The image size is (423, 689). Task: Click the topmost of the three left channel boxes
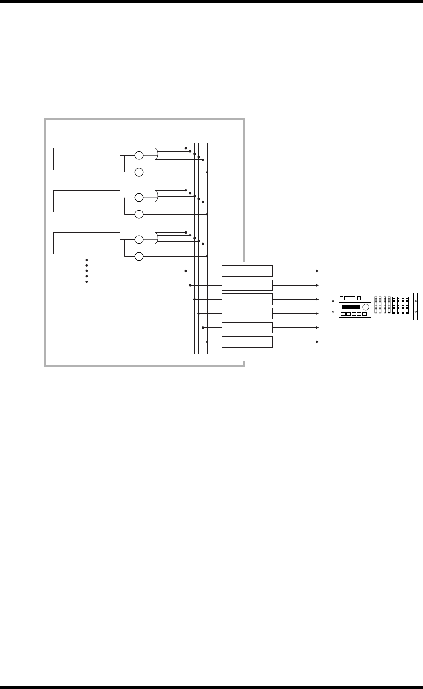click(x=86, y=159)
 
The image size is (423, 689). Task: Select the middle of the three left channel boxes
click(x=86, y=201)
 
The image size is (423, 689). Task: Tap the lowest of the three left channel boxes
click(x=86, y=242)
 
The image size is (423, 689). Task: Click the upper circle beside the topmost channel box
click(x=139, y=155)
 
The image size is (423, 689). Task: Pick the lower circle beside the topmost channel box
click(x=139, y=172)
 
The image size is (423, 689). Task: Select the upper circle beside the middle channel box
click(x=139, y=198)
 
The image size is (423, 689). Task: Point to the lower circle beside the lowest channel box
click(x=139, y=256)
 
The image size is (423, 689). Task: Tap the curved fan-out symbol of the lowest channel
click(x=158, y=239)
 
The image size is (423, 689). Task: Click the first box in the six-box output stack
click(x=247, y=271)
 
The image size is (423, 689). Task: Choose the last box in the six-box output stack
click(x=247, y=342)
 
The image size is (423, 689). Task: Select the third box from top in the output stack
click(x=247, y=300)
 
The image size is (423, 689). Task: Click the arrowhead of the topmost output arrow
click(x=318, y=271)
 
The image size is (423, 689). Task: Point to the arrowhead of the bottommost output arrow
click(x=318, y=342)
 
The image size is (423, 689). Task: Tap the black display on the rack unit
click(x=351, y=307)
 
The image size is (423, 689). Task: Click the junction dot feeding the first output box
click(x=186, y=271)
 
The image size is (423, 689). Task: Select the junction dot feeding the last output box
click(x=208, y=342)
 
